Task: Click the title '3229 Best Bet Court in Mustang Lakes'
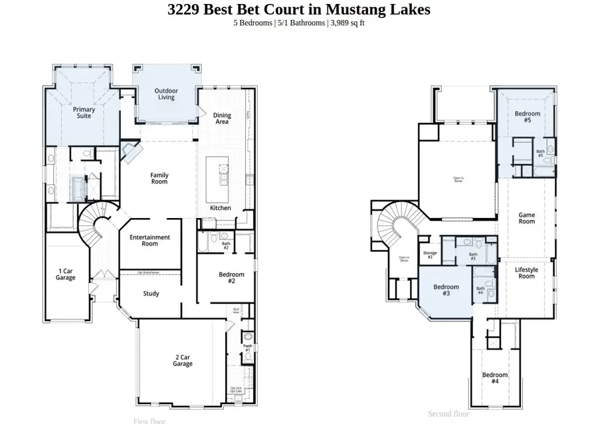(298, 9)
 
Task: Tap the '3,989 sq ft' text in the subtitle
(346, 23)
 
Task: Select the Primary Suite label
(84, 113)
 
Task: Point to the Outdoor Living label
(166, 94)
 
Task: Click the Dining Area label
(222, 119)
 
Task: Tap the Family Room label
(159, 178)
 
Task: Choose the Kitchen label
(221, 208)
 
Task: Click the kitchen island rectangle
(218, 179)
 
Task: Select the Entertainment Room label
(149, 240)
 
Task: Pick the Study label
(151, 293)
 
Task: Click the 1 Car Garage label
(66, 274)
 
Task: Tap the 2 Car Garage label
(183, 360)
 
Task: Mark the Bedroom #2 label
(231, 278)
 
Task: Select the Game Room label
(526, 218)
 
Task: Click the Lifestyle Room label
(526, 272)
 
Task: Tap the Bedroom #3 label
(446, 290)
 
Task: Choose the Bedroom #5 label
(527, 117)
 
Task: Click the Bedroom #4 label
(495, 378)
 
